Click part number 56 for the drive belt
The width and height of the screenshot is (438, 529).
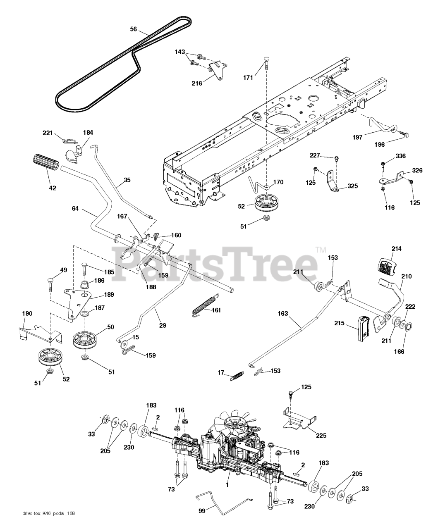pyautogui.click(x=133, y=29)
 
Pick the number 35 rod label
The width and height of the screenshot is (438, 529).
pyautogui.click(x=127, y=180)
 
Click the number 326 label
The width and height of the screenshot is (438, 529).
pyautogui.click(x=417, y=170)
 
